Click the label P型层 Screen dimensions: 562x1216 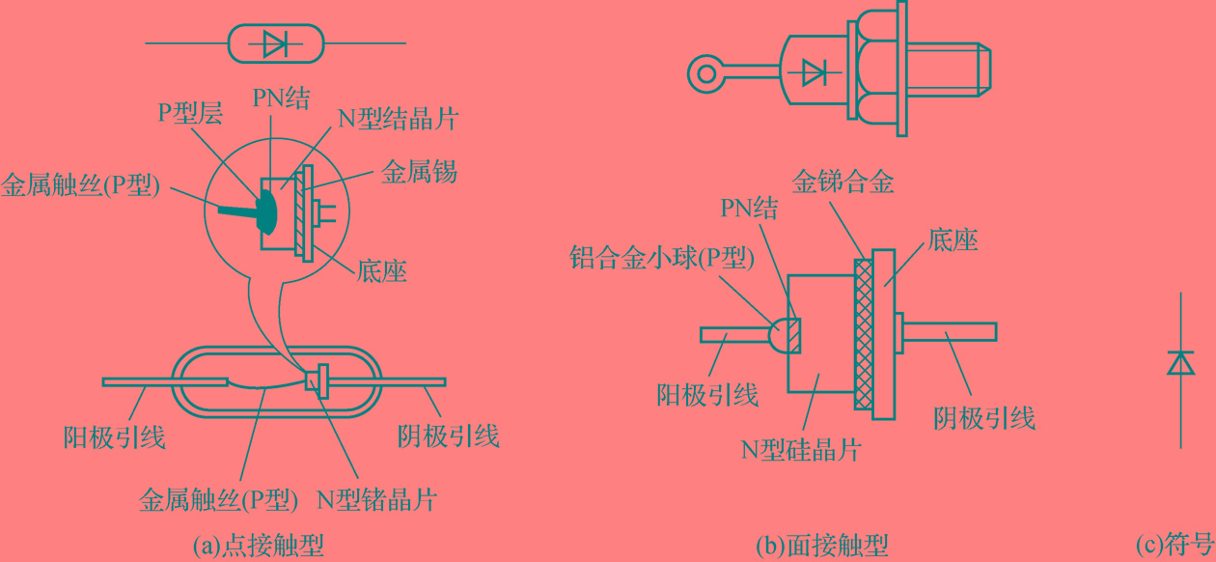191,113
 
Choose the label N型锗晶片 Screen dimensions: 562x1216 377,499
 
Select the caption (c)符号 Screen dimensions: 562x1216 1175,546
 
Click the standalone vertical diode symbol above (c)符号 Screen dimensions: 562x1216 1180,363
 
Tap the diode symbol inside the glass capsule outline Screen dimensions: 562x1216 275,43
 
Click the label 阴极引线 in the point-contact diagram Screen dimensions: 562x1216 449,436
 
